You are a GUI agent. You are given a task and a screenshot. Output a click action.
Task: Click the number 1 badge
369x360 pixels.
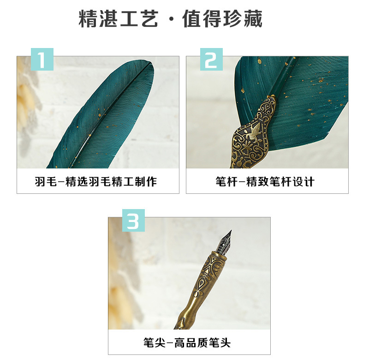tap(42, 60)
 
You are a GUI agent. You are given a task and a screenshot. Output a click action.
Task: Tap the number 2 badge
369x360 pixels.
tap(211, 60)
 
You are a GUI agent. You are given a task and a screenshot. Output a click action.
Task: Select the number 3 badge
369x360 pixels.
tap(133, 220)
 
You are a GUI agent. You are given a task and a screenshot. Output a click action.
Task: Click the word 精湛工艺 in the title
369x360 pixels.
tap(118, 18)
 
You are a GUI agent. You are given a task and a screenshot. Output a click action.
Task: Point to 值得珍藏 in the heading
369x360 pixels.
tap(222, 18)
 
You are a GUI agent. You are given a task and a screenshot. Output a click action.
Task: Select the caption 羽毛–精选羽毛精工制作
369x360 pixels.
tap(96, 181)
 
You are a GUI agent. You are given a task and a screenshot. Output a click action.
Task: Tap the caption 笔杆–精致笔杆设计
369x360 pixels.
tap(265, 181)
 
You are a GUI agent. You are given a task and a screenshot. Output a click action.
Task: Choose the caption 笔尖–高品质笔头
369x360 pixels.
tap(187, 342)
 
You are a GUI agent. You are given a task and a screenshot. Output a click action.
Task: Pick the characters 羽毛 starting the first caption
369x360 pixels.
tap(46, 181)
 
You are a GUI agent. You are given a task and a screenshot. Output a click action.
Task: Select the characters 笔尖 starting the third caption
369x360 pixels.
tap(155, 342)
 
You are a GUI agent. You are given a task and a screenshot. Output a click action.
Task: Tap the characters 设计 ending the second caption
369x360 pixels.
tap(304, 181)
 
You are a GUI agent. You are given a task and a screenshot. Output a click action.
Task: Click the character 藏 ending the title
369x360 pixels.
tap(253, 18)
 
